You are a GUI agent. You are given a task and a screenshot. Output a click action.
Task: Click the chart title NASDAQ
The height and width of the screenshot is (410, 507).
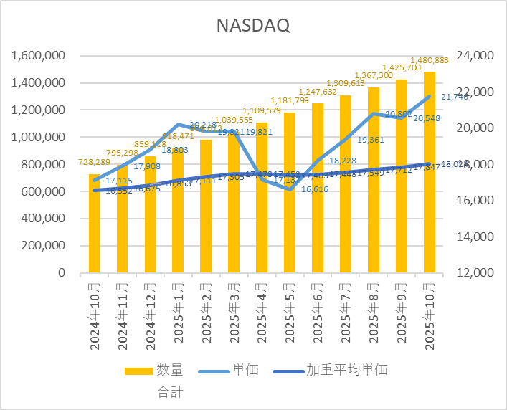(x=253, y=26)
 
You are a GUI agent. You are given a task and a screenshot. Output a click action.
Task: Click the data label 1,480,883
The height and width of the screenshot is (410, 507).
(x=430, y=60)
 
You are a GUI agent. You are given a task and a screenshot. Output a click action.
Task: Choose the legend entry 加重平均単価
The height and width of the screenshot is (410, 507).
(x=347, y=370)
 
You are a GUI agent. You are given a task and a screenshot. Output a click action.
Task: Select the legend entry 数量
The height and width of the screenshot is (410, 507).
(x=170, y=370)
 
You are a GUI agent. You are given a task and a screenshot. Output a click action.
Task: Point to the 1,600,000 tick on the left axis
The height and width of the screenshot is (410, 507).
(x=36, y=56)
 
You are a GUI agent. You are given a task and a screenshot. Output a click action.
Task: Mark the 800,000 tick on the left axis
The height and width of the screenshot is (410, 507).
(x=41, y=165)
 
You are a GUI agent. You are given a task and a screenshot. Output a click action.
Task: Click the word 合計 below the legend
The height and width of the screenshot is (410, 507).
(x=170, y=392)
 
